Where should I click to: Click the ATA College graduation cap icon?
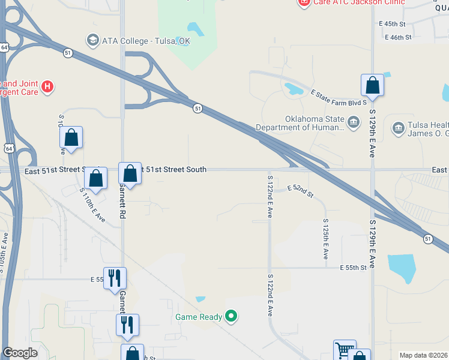pos(92,41)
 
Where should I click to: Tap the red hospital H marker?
pos(47,88)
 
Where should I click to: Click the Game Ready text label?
pos(198,317)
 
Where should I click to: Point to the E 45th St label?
pos(393,23)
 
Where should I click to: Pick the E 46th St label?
pos(398,37)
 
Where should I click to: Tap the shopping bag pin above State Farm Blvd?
pos(372,85)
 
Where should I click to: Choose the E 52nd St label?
pos(301,191)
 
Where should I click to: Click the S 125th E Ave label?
pos(326,242)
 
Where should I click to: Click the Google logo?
pos(20,353)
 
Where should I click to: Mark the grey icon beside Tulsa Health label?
pos(398,128)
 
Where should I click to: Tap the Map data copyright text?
pos(423,355)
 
